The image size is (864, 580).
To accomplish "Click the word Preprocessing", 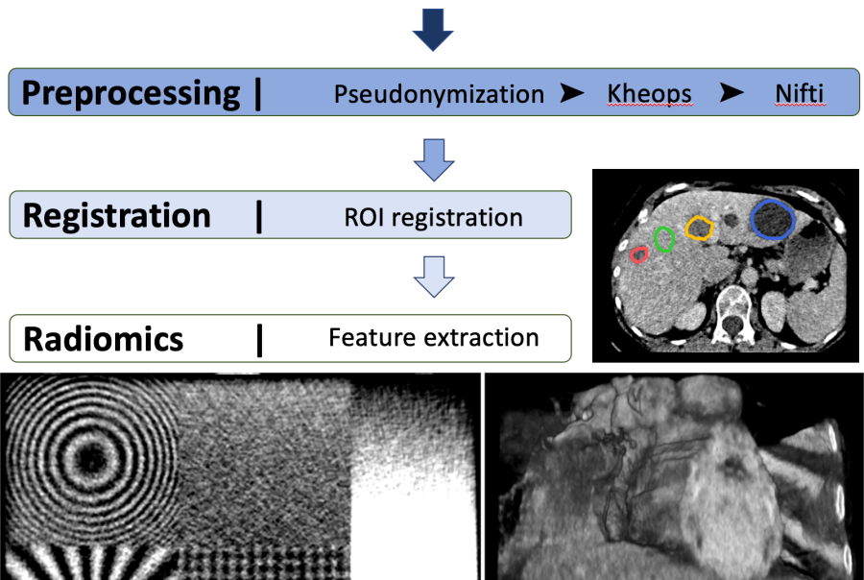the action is click(131, 93).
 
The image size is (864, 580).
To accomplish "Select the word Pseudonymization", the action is click(439, 94).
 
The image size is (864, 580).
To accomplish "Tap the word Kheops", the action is click(649, 94).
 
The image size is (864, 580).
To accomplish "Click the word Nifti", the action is click(799, 93).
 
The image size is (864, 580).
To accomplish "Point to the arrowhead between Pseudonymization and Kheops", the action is click(572, 92).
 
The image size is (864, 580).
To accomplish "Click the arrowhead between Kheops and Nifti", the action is click(732, 92).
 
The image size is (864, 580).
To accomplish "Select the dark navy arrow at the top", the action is click(433, 31).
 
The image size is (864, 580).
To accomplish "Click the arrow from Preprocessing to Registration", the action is click(434, 160).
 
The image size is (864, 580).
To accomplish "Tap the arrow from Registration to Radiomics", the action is click(434, 277).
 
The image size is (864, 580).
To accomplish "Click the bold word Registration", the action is click(117, 215).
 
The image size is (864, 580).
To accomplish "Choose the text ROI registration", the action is click(433, 217).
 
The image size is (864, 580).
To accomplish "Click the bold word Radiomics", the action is click(103, 339).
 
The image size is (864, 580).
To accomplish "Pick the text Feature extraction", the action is click(434, 337).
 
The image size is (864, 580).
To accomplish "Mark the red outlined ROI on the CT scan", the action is click(632, 254).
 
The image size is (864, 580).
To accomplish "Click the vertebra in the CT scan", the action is click(732, 314).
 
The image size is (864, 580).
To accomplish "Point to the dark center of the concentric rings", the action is click(91, 457).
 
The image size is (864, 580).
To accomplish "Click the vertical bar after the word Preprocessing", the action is click(258, 94).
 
